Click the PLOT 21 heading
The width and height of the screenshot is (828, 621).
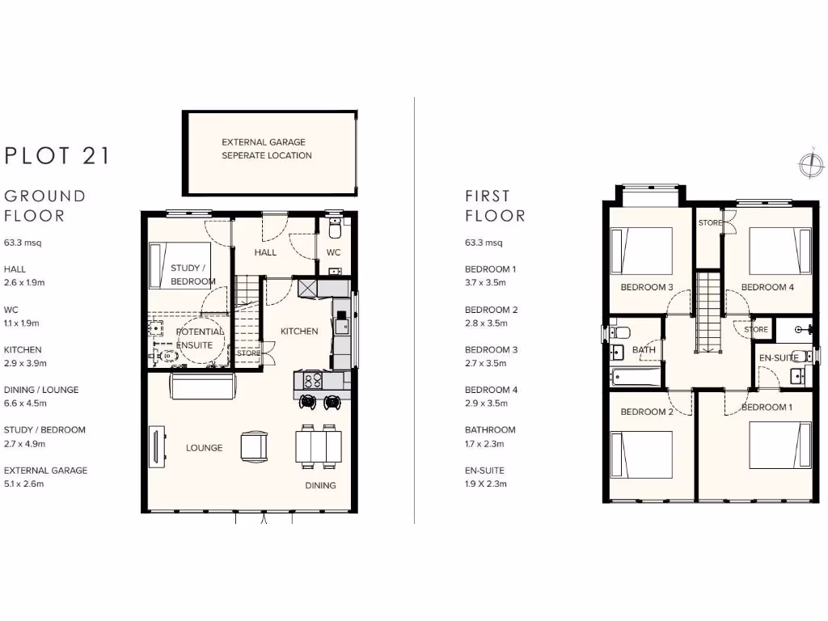point(57,155)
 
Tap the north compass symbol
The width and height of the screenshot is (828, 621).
point(809,164)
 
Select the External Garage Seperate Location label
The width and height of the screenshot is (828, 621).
point(267,149)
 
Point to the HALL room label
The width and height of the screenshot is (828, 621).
point(265,252)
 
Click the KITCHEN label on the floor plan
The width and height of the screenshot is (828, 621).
point(299,331)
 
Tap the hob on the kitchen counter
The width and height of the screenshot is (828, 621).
point(313,380)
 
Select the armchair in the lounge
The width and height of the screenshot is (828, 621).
point(254,446)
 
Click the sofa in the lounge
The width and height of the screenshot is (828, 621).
point(201,387)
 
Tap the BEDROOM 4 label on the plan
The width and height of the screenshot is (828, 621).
point(768,287)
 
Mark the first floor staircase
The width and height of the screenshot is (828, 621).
point(708,312)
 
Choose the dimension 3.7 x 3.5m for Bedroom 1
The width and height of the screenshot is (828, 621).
point(485,282)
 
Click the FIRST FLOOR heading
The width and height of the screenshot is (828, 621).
point(495,205)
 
